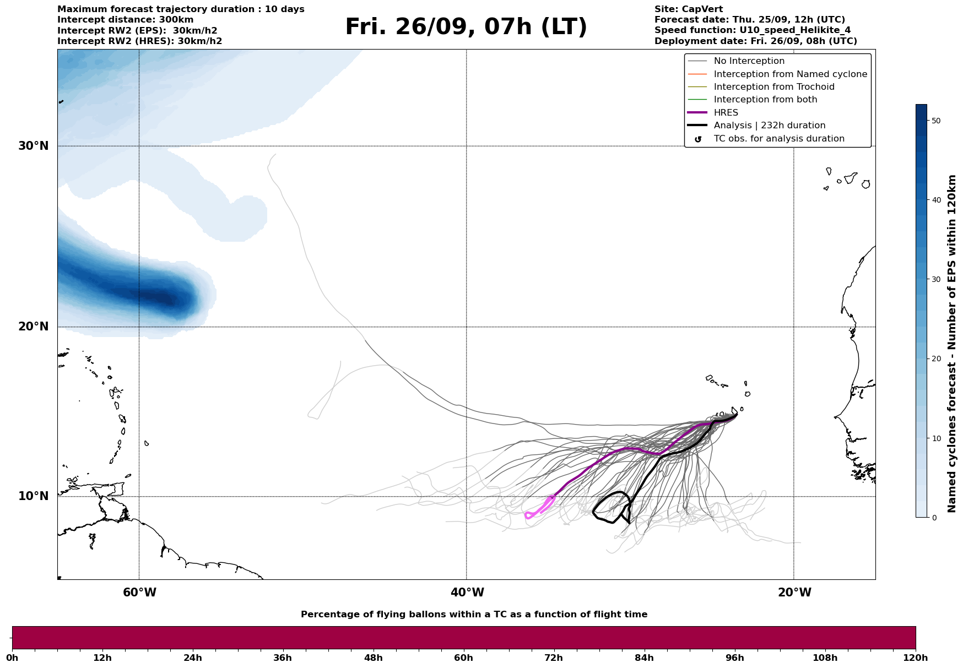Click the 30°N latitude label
[33, 146]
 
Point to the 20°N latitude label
[33, 327]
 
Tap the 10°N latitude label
[33, 496]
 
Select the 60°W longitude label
[139, 593]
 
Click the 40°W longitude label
[467, 593]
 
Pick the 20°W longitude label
[794, 593]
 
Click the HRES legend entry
[726, 112]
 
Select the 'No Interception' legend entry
[749, 61]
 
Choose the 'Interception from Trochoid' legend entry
[773, 87]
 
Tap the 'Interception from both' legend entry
[765, 100]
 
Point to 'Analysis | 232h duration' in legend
[769, 126]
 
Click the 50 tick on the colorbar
[935, 121]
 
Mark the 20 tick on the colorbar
[935, 359]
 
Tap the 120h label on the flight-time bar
[915, 658]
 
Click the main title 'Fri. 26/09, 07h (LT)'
[466, 27]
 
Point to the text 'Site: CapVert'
[688, 9]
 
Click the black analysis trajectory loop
[610, 507]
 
